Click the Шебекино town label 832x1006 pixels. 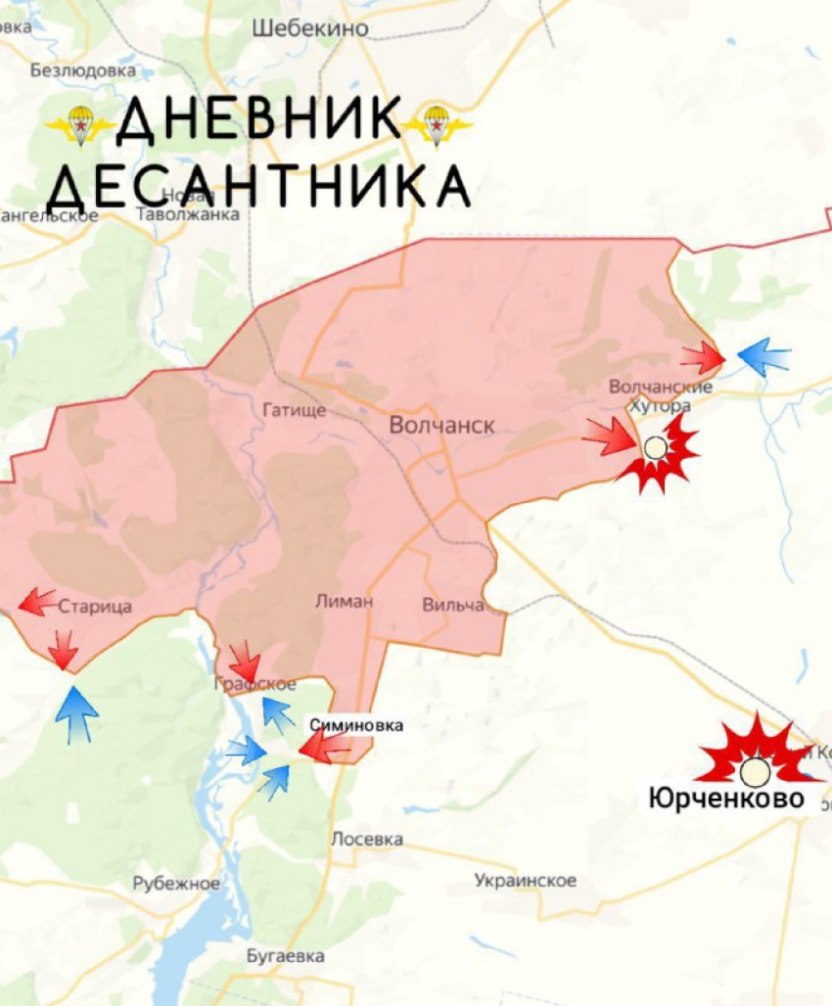click(310, 28)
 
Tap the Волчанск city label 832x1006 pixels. click(442, 426)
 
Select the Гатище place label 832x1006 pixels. click(294, 410)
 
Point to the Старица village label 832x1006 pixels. click(95, 607)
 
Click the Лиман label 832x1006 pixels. click(344, 601)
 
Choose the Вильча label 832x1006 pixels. click(453, 605)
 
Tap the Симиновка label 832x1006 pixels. click(356, 725)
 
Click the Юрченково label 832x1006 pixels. click(726, 799)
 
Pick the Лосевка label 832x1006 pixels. click(367, 839)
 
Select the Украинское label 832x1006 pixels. click(526, 881)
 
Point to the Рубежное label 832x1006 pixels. click(177, 884)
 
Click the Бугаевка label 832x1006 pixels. click(286, 956)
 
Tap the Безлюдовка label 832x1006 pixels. click(83, 70)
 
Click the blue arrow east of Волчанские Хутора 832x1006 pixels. click(763, 357)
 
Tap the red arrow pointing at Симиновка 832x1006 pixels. click(323, 749)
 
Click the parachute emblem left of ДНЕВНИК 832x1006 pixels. click(80, 124)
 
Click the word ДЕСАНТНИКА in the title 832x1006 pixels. click(259, 185)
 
